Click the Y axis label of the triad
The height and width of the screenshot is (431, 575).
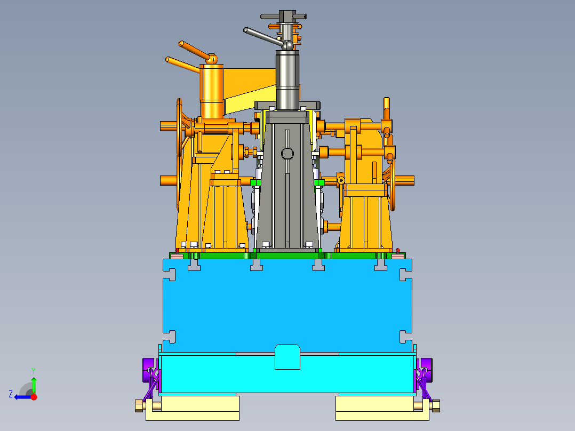[x=34, y=371]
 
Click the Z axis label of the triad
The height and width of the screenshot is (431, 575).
[x=11, y=394]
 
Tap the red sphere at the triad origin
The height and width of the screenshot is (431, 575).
[x=34, y=397]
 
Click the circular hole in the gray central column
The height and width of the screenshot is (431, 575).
[x=287, y=153]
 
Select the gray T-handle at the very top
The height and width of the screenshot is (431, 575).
[x=284, y=17]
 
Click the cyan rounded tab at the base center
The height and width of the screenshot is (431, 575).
[x=287, y=356]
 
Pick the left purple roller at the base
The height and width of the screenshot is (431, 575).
[x=148, y=370]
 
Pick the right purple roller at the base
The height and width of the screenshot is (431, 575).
[x=427, y=370]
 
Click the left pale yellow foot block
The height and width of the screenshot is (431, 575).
[x=193, y=408]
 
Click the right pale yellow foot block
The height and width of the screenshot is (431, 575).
[x=382, y=408]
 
